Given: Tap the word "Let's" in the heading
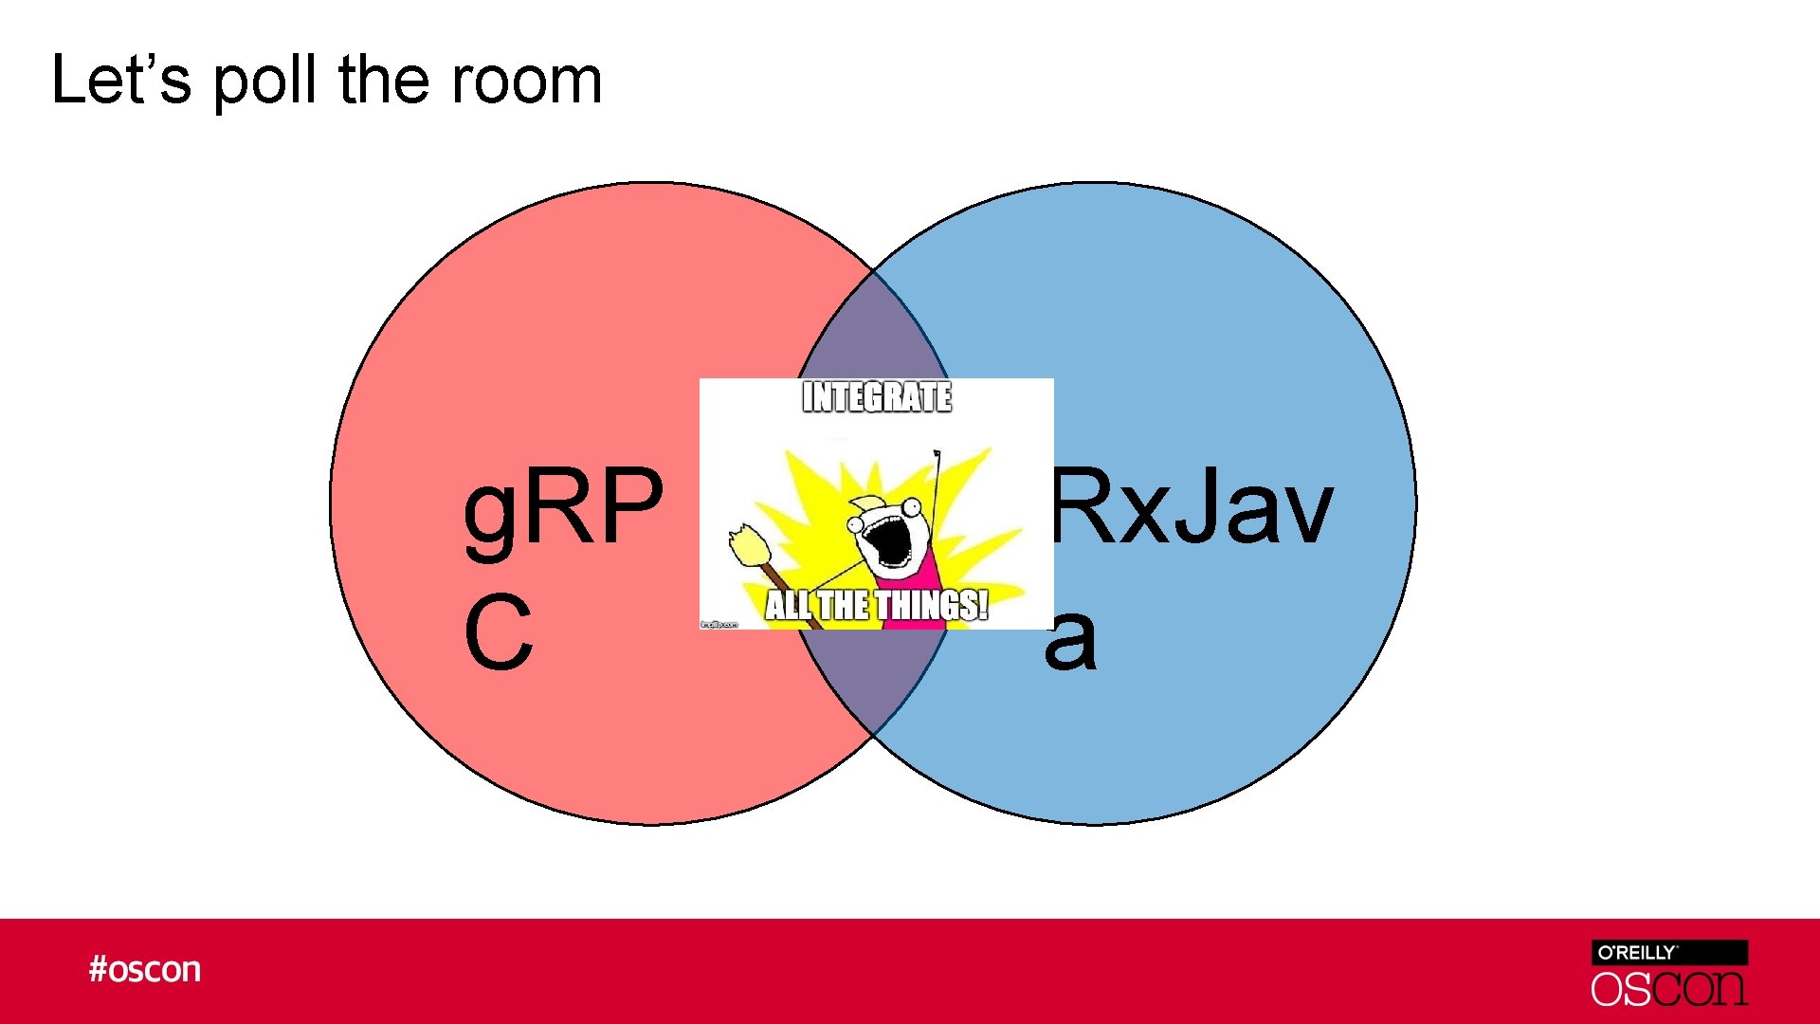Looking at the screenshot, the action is [x=121, y=80].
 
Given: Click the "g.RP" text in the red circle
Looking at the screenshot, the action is [x=563, y=508].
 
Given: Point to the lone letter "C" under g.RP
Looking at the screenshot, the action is [x=499, y=632].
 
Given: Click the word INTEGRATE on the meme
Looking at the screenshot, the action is [x=877, y=397].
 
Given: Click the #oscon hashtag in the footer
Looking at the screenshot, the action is [x=145, y=970].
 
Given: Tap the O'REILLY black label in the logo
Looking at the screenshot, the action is [x=1669, y=953].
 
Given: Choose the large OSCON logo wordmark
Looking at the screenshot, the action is [x=1669, y=989].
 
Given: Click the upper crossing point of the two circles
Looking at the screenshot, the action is [x=873, y=272].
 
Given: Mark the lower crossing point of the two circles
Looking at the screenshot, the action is [x=873, y=735].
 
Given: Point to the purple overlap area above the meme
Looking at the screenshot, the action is [x=873, y=332].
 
